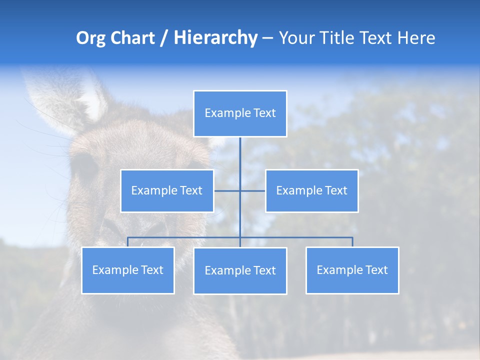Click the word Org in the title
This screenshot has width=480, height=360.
[x=90, y=38]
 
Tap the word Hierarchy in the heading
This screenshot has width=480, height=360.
[x=215, y=38]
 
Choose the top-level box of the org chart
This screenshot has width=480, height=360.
[x=240, y=113]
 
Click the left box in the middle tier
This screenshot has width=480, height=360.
[x=167, y=190]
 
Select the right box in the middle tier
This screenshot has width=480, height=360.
[x=311, y=190]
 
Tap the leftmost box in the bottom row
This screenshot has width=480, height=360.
[x=128, y=270]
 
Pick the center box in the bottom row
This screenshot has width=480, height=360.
[x=240, y=270]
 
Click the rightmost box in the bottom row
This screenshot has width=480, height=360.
[x=352, y=270]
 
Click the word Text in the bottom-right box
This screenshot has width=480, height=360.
[x=376, y=270]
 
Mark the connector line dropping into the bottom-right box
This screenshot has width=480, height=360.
[x=352, y=242]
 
